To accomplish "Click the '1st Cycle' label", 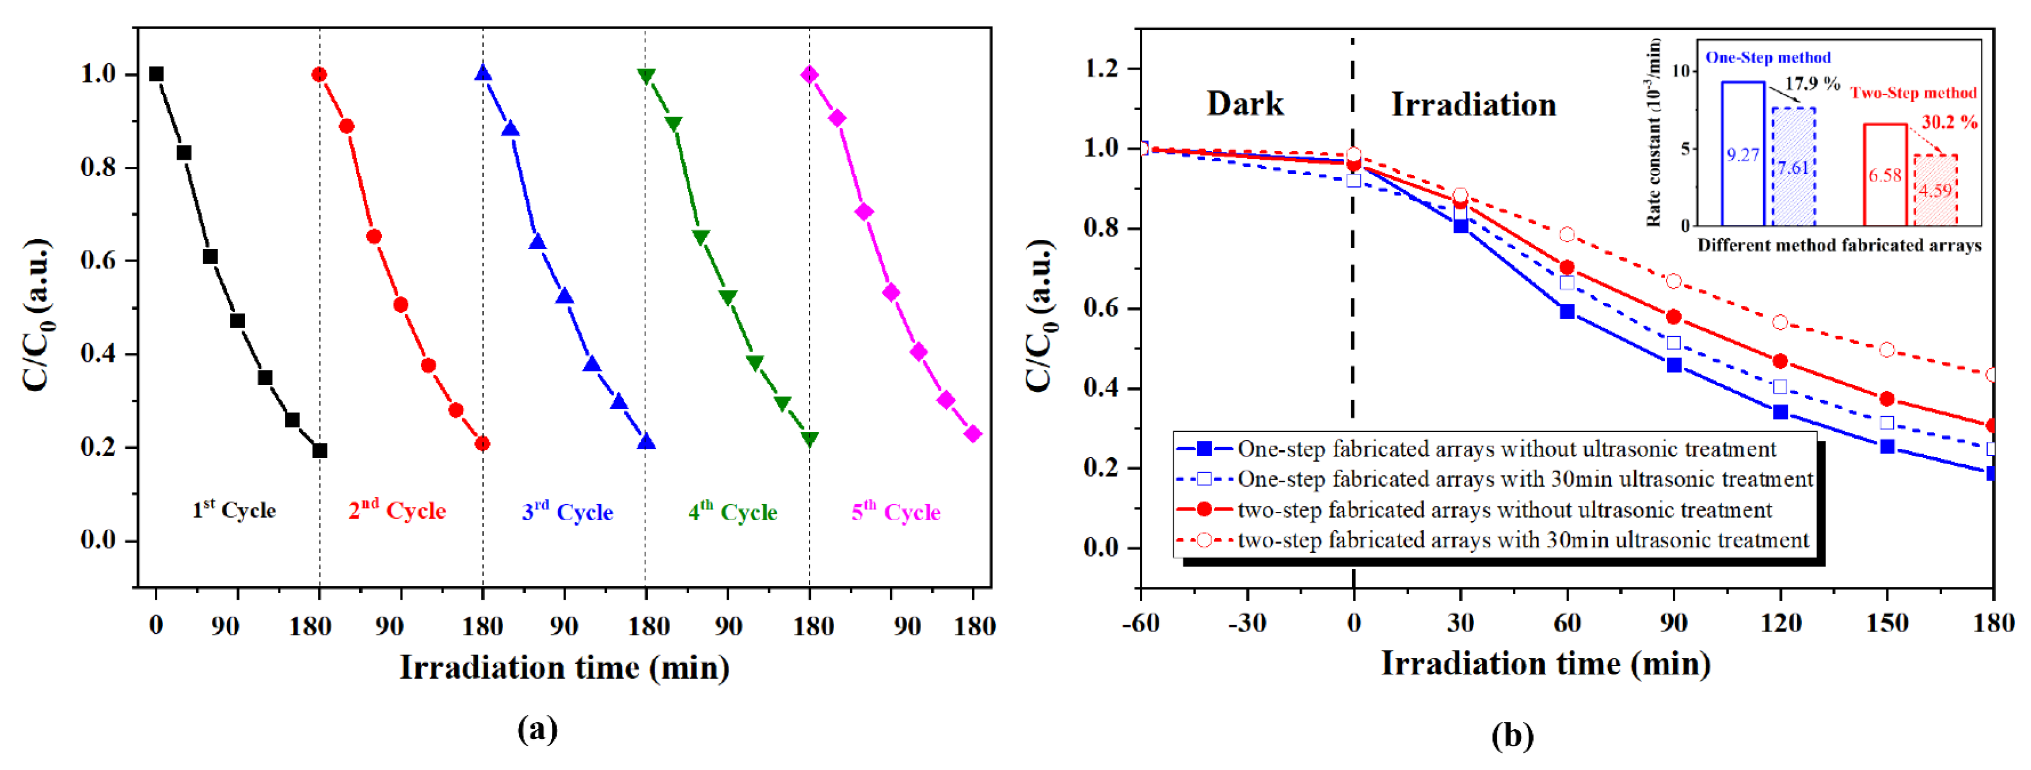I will [234, 510].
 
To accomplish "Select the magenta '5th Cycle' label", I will [896, 512].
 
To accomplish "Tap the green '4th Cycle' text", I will [732, 512].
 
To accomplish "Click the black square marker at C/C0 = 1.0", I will [156, 74].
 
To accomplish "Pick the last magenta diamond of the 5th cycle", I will [973, 434].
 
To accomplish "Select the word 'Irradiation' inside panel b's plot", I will [1473, 104].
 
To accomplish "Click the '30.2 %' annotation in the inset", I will [1949, 122].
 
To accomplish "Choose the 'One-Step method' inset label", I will [1768, 58].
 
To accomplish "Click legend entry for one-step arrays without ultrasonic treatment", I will [1506, 449].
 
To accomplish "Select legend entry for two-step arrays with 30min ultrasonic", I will [1522, 541].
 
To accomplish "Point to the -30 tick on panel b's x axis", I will [1247, 623].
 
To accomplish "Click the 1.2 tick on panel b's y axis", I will [1102, 69].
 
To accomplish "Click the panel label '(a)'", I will [537, 728].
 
